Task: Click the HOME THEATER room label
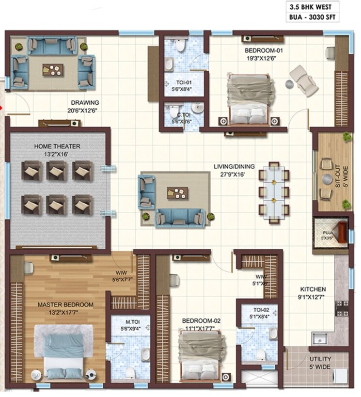(x=57, y=146)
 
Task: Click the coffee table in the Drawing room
(x=53, y=69)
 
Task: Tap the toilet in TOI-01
(x=181, y=46)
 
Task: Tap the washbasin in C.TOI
(x=197, y=107)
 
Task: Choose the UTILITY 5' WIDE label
(x=321, y=363)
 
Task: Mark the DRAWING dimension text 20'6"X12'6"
(x=85, y=110)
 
